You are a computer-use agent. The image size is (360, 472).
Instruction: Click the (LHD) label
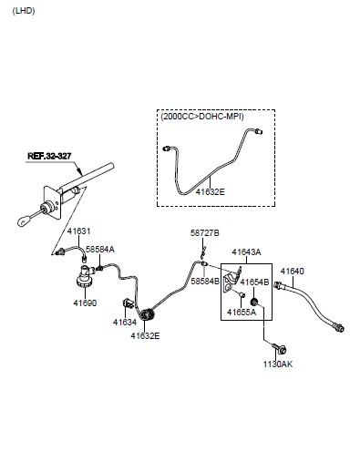24,11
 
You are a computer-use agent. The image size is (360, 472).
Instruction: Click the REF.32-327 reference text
49,156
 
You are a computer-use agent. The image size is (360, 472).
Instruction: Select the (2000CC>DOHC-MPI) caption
202,117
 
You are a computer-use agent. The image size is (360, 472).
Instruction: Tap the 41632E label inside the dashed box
210,192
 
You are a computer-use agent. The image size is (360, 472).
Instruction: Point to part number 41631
78,231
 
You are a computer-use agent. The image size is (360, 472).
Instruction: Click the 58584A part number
100,250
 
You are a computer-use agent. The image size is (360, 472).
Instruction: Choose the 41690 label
85,303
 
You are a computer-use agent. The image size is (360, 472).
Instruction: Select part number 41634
125,323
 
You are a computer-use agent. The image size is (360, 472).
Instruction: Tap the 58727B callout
205,233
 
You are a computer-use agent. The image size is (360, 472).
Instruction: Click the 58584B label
205,282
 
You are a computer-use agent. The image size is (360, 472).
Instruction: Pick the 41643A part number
246,252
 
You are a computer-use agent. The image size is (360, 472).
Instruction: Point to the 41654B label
254,282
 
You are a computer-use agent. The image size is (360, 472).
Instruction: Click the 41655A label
242,312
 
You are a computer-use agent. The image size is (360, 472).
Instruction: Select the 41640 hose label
292,272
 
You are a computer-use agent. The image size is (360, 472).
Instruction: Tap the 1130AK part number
278,364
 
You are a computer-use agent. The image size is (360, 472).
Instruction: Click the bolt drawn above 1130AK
280,348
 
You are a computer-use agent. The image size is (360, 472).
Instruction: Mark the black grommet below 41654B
254,302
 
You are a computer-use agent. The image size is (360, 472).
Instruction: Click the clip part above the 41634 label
128,303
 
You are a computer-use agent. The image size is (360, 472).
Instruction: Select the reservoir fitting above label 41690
85,276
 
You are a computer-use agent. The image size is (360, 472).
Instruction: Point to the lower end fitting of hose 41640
338,327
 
